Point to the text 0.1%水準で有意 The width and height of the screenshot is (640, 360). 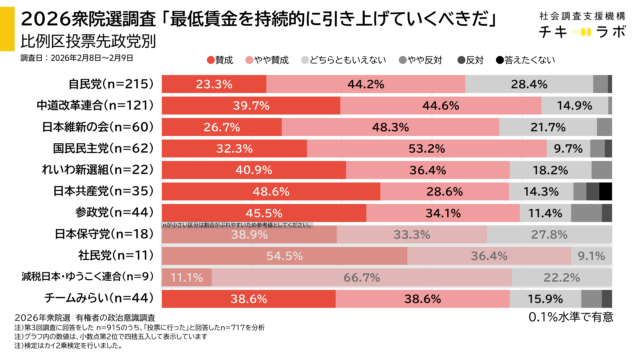pyautogui.click(x=571, y=317)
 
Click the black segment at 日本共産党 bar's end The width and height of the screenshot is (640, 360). pyautogui.click(x=605, y=191)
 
